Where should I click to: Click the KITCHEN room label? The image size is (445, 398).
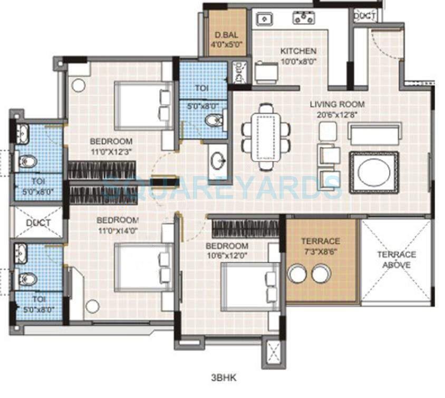coord(298,51)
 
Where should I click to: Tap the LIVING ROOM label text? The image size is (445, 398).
coord(337,104)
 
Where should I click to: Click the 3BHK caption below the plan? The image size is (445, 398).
coord(222,377)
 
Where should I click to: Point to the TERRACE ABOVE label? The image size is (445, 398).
coord(396,259)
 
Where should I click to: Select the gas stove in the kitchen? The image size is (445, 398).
coord(304,19)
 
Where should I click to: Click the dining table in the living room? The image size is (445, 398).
coord(266,136)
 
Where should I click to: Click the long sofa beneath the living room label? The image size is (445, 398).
coord(374,133)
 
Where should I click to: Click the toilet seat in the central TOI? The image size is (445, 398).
coord(214,121)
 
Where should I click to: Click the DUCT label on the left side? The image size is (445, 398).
coord(38,222)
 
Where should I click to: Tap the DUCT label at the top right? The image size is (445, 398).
coord(364,16)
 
